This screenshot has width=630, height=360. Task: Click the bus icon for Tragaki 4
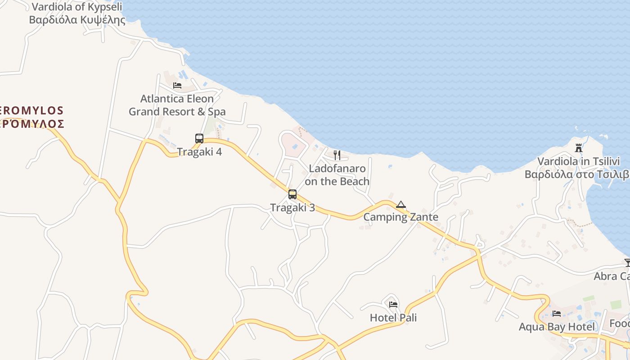199,139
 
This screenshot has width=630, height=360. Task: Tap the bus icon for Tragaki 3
292,194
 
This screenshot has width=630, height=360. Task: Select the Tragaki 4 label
199,152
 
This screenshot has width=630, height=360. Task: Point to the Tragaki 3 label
292,207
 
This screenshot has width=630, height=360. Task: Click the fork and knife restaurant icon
337,155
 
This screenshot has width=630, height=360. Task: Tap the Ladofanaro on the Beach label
337,175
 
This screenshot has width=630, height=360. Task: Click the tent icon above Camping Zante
401,205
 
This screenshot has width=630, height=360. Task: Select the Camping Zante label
400,217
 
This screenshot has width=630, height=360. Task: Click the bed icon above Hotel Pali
393,305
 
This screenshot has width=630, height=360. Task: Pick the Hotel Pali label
393,318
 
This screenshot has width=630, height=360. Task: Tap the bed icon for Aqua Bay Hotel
557,314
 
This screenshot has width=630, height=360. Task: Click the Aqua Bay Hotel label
557,327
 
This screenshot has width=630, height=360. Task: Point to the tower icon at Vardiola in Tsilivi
579,148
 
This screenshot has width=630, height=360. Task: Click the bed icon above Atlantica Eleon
177,85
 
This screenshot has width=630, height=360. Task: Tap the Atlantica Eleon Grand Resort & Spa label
177,105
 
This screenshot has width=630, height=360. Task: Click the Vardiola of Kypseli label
76,7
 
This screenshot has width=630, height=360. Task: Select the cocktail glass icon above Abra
627,263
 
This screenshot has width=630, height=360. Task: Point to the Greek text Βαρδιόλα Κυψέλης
77,20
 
